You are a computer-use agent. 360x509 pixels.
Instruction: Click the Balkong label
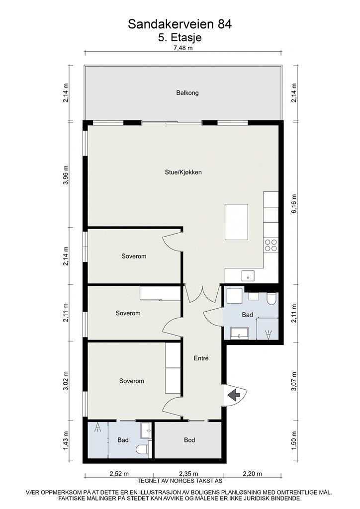(187, 93)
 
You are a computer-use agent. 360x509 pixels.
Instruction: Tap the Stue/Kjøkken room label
(183, 172)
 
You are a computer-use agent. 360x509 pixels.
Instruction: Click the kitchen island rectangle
(236, 222)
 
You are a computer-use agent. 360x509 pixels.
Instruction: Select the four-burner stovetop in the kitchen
(270, 245)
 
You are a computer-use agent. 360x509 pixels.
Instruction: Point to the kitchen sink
(248, 276)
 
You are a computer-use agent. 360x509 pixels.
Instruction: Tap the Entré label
(201, 358)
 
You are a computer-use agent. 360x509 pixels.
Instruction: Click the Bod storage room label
(189, 440)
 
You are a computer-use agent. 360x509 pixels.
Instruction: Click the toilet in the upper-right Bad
(271, 299)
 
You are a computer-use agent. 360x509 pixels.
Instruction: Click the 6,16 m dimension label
(294, 203)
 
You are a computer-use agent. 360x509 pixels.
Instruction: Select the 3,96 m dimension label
(66, 175)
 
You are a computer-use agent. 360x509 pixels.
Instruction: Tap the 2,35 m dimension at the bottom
(188, 474)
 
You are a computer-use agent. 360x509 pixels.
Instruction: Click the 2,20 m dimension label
(252, 474)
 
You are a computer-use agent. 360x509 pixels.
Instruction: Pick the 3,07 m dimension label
(294, 381)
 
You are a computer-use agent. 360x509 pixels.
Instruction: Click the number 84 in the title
(225, 24)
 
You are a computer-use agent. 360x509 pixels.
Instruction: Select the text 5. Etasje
(180, 37)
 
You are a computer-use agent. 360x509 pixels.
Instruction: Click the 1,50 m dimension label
(294, 440)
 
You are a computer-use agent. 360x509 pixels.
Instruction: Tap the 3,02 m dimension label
(66, 381)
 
